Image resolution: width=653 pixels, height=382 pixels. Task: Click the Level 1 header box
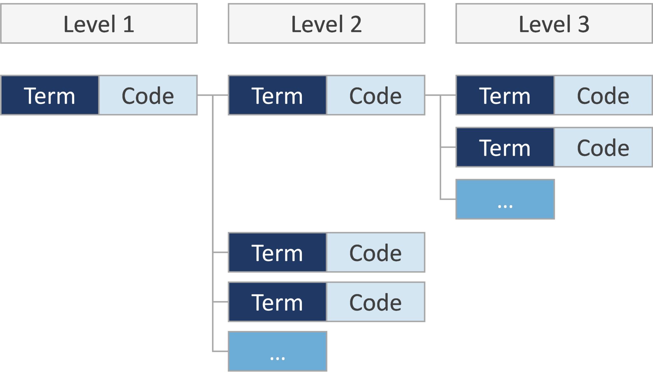99,24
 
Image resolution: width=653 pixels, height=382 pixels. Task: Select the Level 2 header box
326,24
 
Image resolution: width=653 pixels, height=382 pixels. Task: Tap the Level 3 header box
554,24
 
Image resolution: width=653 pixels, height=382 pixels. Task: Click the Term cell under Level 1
50,95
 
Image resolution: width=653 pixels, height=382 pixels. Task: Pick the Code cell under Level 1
148,95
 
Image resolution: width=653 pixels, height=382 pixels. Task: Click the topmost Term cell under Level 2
277,95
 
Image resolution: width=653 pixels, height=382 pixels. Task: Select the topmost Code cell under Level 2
376,95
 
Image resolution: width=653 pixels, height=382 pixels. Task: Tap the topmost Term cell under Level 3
505,95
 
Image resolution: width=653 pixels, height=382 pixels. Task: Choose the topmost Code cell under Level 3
603,95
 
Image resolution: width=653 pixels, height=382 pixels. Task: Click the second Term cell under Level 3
505,147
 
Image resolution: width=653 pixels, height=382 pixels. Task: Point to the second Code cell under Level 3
603,147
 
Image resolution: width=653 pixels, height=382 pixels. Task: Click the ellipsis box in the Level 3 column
505,199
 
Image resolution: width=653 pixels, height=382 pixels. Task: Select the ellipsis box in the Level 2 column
277,351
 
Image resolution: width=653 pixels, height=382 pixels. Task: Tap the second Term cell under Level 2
277,252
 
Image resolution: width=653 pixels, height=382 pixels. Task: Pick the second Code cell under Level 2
376,252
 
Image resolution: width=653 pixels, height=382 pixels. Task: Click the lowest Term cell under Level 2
277,302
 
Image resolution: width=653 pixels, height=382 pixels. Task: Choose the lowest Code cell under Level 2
376,302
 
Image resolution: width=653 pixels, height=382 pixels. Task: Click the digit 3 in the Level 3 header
583,24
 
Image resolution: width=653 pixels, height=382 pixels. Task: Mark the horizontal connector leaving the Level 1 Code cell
205,95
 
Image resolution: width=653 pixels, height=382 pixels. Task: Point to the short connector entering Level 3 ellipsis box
448,199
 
